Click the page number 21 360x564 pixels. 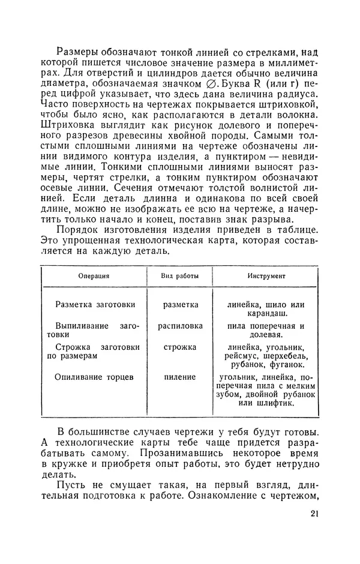[317, 514]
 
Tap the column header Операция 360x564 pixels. [94, 277]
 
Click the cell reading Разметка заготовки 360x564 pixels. [95, 305]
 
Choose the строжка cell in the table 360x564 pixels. [180, 347]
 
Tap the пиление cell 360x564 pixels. [180, 377]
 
